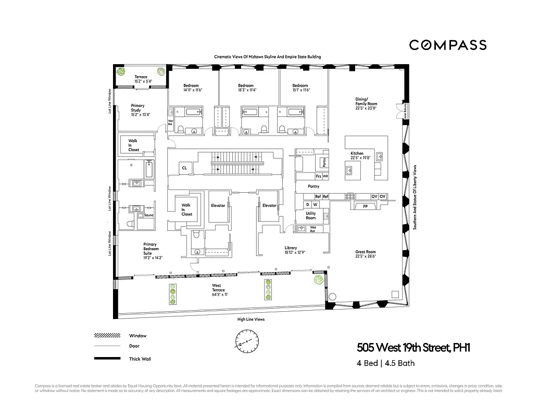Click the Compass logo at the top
click(x=448, y=45)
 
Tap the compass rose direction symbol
click(x=246, y=341)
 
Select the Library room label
click(x=291, y=250)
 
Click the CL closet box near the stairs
click(x=184, y=168)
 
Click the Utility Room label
click(x=310, y=216)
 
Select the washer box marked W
click(x=315, y=205)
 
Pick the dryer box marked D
click(x=307, y=205)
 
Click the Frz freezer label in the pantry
click(x=318, y=177)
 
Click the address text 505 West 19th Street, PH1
click(x=413, y=348)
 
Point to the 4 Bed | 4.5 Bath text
click(x=386, y=363)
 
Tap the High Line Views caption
click(x=250, y=320)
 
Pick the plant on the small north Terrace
click(x=121, y=72)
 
